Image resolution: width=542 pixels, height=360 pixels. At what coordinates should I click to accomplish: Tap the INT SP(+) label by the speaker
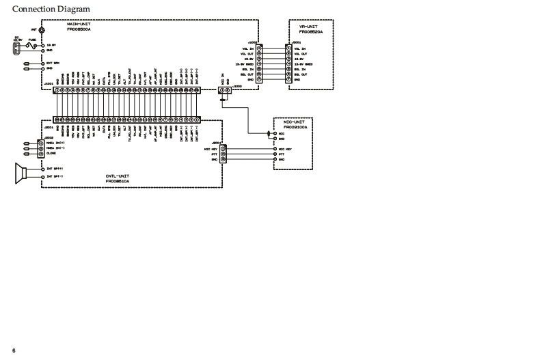pyautogui.click(x=54, y=168)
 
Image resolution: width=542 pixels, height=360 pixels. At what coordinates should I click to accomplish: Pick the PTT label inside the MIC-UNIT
pyautogui.click(x=281, y=154)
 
